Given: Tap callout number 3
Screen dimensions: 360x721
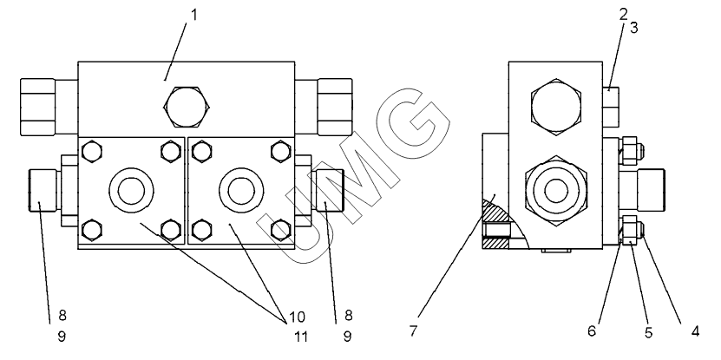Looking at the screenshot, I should [x=634, y=28].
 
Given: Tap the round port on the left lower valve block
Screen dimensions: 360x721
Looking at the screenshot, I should [x=130, y=189].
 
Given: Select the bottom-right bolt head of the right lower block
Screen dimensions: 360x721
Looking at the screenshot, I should [x=279, y=229].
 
